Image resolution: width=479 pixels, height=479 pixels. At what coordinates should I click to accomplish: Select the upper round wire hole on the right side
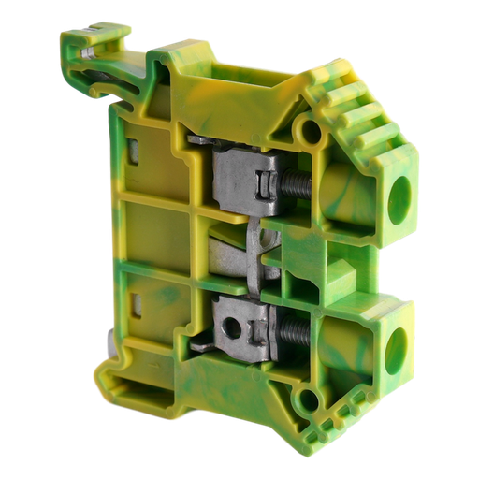tap(400, 198)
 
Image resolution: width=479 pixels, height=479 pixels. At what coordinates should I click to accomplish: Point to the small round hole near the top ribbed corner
tap(304, 126)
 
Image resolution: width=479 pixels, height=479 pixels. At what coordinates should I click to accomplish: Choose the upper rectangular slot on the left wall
tap(136, 150)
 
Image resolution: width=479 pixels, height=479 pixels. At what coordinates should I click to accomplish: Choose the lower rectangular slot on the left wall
tap(135, 305)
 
